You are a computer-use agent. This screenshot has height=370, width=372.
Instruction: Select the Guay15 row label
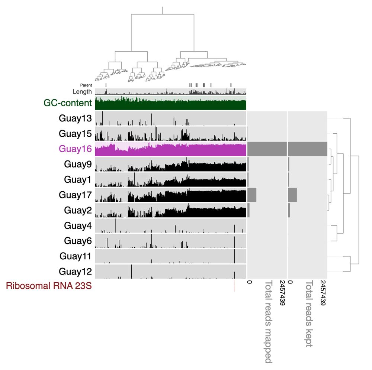click(75, 133)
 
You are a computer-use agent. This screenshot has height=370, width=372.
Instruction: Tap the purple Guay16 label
click(75, 149)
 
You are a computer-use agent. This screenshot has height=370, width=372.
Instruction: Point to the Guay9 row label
click(78, 164)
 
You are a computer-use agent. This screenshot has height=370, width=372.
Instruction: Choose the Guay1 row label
click(78, 179)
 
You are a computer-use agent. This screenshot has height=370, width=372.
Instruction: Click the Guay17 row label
click(75, 195)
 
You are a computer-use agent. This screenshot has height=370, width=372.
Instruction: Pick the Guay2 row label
click(78, 210)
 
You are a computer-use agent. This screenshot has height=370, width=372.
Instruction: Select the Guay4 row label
click(78, 225)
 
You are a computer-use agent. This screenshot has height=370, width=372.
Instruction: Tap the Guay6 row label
click(78, 241)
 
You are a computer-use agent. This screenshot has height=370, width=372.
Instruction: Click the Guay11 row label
click(75, 256)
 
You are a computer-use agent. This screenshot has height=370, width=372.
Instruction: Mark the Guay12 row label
click(75, 271)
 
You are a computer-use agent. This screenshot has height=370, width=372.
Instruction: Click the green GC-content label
click(67, 103)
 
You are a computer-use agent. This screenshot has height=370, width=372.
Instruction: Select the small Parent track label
click(86, 85)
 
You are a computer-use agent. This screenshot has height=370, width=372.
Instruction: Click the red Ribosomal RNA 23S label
click(49, 286)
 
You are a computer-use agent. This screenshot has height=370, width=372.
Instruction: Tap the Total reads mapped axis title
click(268, 322)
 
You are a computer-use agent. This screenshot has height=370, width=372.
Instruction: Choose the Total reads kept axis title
click(308, 314)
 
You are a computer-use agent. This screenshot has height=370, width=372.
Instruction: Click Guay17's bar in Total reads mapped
click(252, 195)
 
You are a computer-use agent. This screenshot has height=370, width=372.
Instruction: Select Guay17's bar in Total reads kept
click(292, 195)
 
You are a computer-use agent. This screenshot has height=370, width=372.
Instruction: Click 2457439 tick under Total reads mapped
click(282, 293)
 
